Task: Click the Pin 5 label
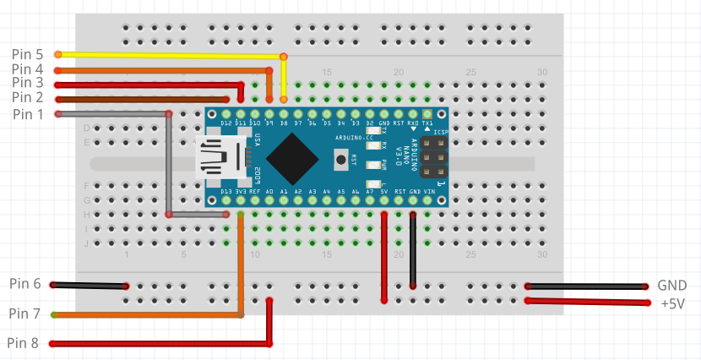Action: (x=27, y=54)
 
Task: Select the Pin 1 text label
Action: (x=27, y=114)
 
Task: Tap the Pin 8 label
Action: (x=24, y=343)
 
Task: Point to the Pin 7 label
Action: (x=25, y=314)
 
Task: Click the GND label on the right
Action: (x=672, y=286)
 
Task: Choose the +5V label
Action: (x=673, y=303)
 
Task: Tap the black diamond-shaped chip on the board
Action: (x=291, y=159)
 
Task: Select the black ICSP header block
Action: (x=432, y=159)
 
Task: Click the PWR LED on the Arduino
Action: (x=372, y=165)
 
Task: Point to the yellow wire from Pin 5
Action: (x=169, y=55)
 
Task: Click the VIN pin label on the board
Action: (x=429, y=193)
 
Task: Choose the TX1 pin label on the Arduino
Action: (x=427, y=123)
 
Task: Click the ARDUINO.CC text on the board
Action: (x=350, y=137)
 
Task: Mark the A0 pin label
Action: (x=269, y=193)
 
